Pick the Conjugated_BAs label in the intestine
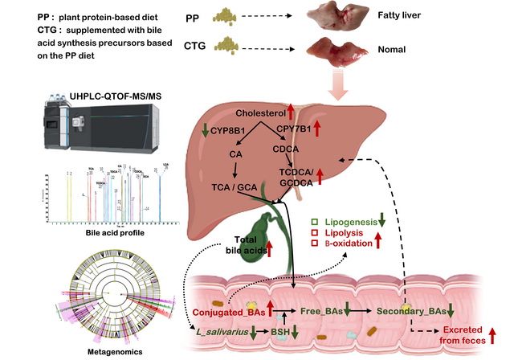(229, 311)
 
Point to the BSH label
(279, 332)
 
